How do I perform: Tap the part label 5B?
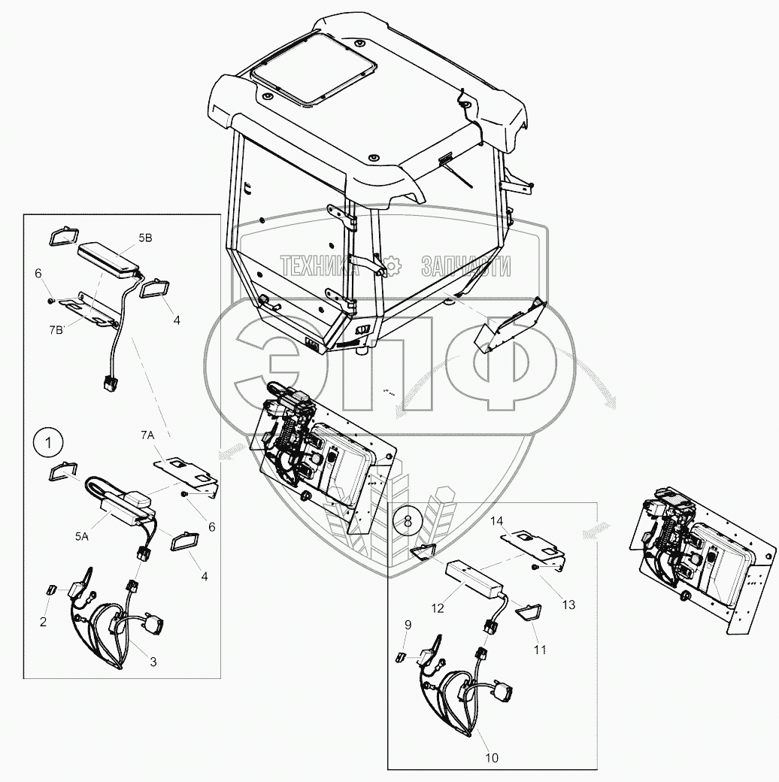(x=145, y=238)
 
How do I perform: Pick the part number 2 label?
(x=43, y=622)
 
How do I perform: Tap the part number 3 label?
(x=153, y=662)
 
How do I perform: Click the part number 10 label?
(x=491, y=757)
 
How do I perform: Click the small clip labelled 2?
(x=52, y=590)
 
